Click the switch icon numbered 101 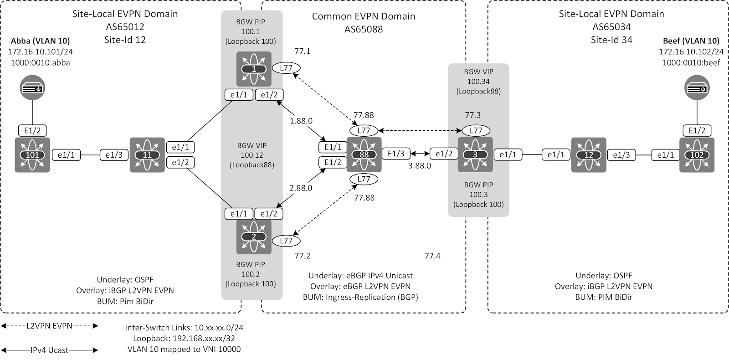point(32,155)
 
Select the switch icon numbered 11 point(147,155)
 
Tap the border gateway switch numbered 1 point(254,69)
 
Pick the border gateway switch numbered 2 point(254,237)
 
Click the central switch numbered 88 point(364,154)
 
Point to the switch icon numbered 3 point(475,154)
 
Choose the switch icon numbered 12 point(589,155)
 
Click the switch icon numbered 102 point(697,155)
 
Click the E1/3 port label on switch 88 point(396,154)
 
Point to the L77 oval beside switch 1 point(286,68)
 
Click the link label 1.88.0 point(301,121)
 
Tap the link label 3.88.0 point(419,165)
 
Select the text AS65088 point(363,30)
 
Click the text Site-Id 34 point(611,40)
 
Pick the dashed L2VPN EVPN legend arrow point(49,326)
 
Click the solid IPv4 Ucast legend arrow point(49,350)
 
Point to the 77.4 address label point(432,256)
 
